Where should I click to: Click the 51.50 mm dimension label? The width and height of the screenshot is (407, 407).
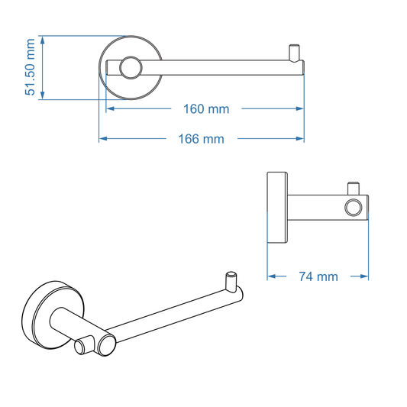tap(31, 67)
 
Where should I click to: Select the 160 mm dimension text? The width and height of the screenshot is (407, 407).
tap(206, 109)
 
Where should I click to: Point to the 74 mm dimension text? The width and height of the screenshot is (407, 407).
tap(318, 276)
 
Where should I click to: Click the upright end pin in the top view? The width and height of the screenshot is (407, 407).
tap(293, 54)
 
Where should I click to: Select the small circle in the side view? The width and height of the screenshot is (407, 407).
tap(354, 208)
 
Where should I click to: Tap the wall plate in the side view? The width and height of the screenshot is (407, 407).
tap(270, 207)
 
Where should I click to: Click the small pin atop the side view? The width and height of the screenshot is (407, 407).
tap(354, 187)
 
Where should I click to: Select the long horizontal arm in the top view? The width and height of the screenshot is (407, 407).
tap(221, 68)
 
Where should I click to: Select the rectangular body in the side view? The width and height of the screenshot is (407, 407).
tap(321, 208)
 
